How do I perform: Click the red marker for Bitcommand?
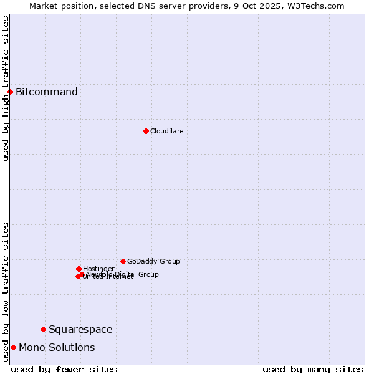point(10,92)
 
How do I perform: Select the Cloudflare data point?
point(146,131)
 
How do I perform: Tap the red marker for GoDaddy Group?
point(123,261)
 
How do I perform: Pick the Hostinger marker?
point(79,269)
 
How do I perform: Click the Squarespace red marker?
point(43,329)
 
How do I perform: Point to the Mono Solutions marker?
point(13,347)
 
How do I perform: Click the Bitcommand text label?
point(47,92)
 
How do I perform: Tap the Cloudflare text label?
point(167,131)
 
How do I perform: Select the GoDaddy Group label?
point(153,261)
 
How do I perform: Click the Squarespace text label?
point(80,329)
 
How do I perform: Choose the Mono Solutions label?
point(57,347)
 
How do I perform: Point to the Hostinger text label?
point(99,269)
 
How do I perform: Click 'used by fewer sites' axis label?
point(64,369)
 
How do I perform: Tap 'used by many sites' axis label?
point(313,369)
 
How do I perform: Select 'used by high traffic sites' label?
point(6,88)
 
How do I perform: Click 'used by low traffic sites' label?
point(6,291)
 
